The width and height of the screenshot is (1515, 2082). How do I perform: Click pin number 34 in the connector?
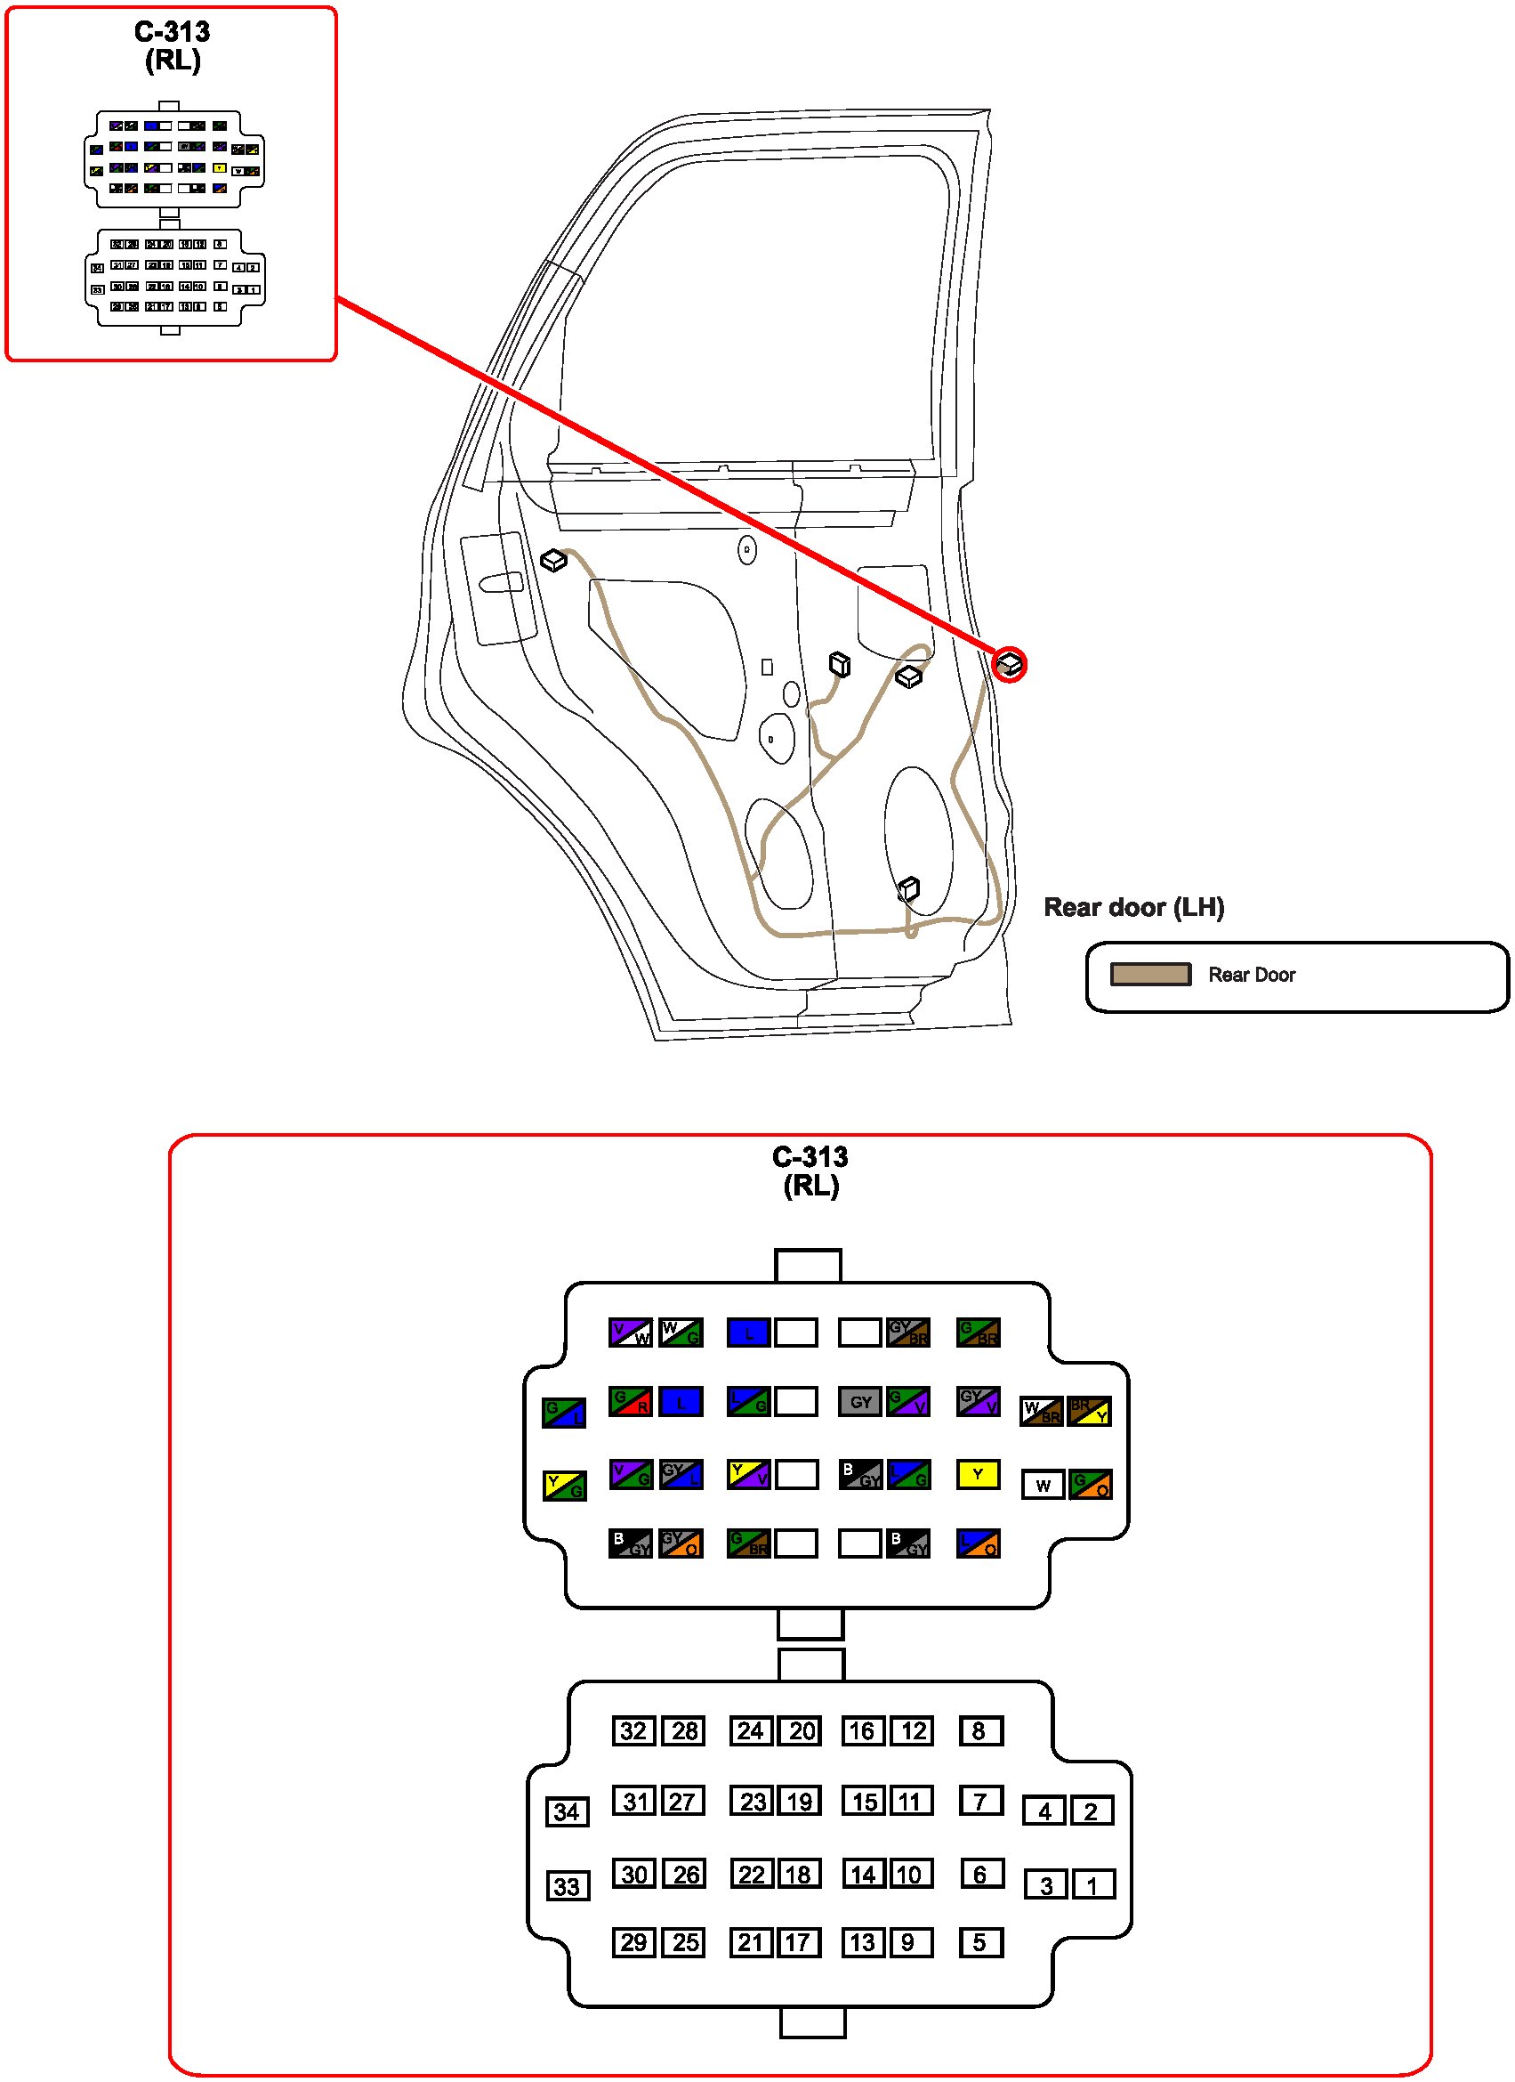pos(566,1812)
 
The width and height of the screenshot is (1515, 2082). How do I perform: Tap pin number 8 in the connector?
pos(980,1731)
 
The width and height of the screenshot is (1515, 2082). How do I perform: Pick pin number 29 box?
pos(633,1942)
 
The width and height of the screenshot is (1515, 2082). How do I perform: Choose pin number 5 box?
pos(980,1942)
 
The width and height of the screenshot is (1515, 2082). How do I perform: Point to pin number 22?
pos(752,1874)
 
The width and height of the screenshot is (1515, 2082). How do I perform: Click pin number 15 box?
pos(865,1801)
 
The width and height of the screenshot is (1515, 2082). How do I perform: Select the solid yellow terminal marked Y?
pos(979,1474)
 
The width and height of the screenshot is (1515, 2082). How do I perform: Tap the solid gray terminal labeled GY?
pos(860,1402)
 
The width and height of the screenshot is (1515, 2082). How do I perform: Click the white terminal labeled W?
pos(1043,1486)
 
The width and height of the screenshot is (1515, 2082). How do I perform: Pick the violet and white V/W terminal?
pos(631,1332)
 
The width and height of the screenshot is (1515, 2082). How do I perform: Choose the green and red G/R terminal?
pos(631,1402)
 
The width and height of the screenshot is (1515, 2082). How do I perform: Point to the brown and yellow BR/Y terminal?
pos(1089,1411)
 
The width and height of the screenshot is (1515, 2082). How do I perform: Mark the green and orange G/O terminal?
pos(1090,1485)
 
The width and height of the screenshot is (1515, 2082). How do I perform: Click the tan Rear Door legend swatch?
pos(1149,974)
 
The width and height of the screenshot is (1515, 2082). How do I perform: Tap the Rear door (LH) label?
pos(1133,907)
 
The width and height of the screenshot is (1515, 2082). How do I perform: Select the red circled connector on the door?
pos(1009,664)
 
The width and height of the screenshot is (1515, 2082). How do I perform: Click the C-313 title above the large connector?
pos(810,1156)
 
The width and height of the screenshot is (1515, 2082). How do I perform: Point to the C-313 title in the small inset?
pos(173,32)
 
